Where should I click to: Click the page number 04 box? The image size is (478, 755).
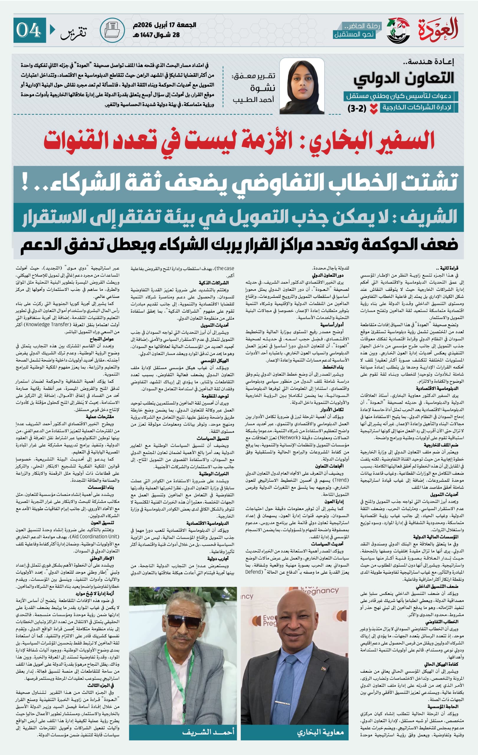click(30, 30)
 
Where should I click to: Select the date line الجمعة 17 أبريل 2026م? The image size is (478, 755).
click(164, 25)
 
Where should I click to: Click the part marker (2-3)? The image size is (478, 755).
click(357, 108)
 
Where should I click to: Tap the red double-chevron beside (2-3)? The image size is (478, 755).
click(373, 108)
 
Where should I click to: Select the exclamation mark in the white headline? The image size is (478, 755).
click(25, 184)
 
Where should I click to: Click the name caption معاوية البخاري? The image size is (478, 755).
click(320, 732)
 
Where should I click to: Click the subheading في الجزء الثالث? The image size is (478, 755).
click(101, 685)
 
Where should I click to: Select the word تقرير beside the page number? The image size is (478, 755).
click(73, 31)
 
